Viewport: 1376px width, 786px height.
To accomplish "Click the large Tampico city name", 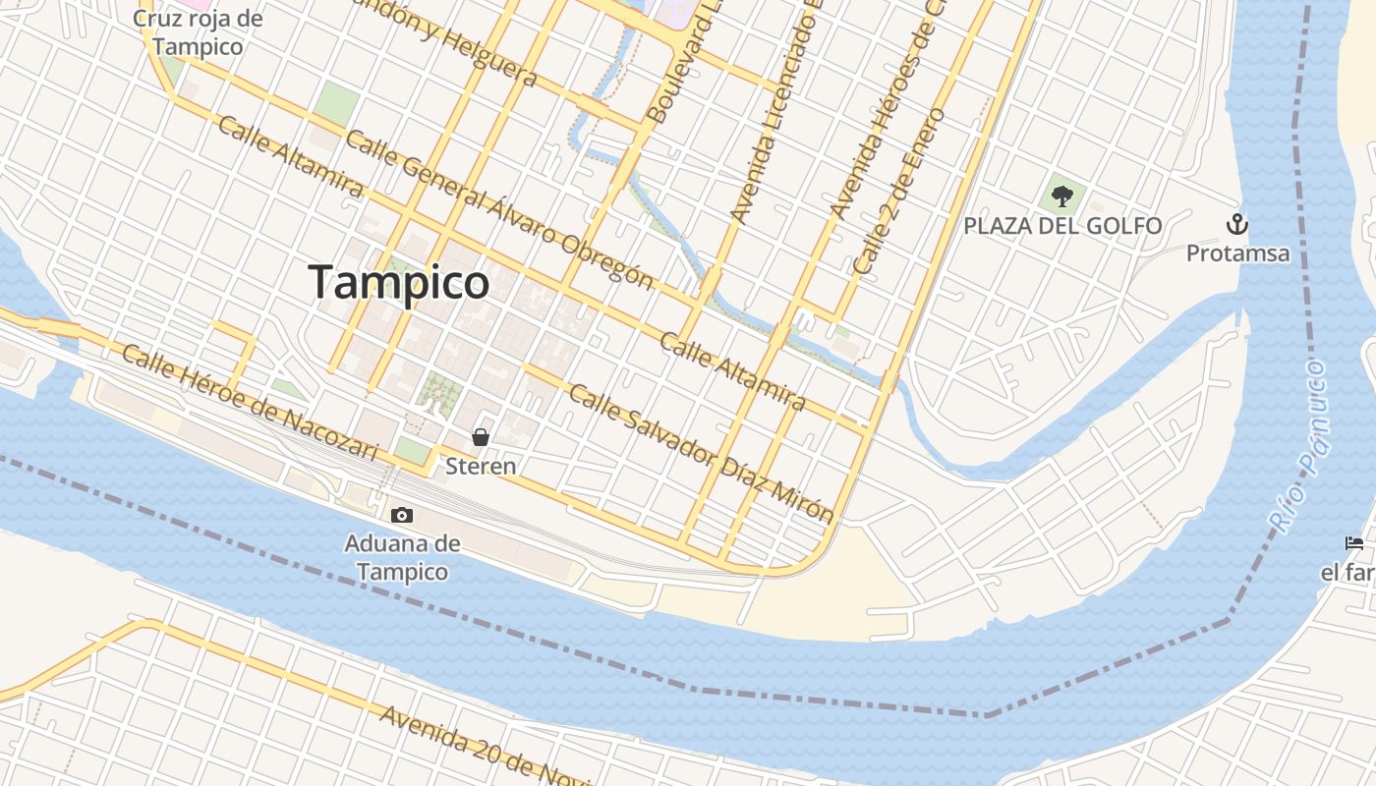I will [x=399, y=283].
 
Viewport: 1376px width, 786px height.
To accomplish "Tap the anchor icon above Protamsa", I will [x=1236, y=224].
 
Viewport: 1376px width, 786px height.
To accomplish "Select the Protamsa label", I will [x=1237, y=253].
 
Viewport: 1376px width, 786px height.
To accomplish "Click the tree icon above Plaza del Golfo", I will [x=1061, y=196].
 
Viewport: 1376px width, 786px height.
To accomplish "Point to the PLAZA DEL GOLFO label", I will [x=1062, y=226].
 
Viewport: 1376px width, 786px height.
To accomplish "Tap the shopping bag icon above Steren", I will [x=481, y=437].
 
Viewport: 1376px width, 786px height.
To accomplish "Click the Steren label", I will [x=481, y=466].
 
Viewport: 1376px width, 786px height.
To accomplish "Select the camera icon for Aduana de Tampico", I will [x=401, y=515].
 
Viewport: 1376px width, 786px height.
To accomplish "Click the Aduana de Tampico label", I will [x=403, y=557].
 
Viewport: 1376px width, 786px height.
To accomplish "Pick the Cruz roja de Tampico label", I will [x=198, y=32].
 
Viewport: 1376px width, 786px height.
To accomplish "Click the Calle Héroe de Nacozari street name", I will [x=250, y=403].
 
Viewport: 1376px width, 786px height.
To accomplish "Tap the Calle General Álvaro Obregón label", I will [x=498, y=210].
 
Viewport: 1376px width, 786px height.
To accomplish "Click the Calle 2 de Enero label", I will [x=899, y=191].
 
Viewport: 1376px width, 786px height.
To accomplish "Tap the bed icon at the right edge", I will [x=1354, y=543].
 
